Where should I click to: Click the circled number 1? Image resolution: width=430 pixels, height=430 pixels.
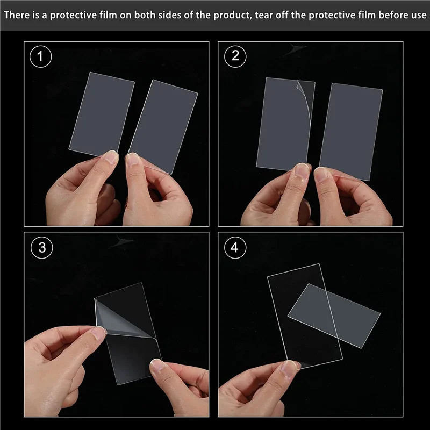coord(41,56)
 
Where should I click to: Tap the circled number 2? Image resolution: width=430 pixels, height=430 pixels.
coord(235,56)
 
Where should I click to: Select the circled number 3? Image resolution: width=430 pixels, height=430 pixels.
coord(42,247)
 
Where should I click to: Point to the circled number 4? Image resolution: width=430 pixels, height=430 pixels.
coord(235,247)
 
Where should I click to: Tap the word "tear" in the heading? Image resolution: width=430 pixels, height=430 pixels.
coord(264,15)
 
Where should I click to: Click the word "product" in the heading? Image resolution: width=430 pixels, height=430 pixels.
coord(233,16)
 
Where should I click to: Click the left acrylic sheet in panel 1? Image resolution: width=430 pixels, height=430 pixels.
coord(102,114)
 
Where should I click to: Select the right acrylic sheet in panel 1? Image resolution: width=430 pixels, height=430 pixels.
coord(163,127)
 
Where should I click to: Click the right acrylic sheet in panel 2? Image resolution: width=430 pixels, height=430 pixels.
coord(351,132)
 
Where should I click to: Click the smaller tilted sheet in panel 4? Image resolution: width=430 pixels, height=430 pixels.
coord(334,316)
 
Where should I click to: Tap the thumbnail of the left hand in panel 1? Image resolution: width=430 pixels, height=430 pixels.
coord(112,157)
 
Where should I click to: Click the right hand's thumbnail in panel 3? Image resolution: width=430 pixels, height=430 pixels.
coord(157,366)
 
